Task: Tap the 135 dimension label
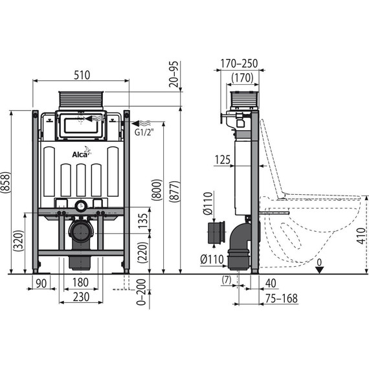click(142, 221)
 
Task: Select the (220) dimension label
click(142, 251)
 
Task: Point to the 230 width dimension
click(80, 297)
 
